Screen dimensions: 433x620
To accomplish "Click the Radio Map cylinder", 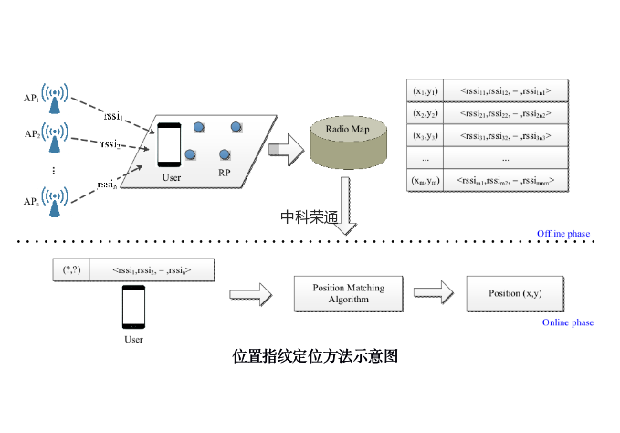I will click(344, 141).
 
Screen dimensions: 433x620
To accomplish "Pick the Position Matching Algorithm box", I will click(349, 293).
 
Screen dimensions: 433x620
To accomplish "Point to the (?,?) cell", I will click(72, 270).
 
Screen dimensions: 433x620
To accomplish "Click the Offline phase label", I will click(563, 234).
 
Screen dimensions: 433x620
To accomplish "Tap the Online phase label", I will click(568, 322).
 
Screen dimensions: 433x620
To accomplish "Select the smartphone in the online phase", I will click(133, 308).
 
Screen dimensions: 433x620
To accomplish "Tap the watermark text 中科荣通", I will click(309, 216).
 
